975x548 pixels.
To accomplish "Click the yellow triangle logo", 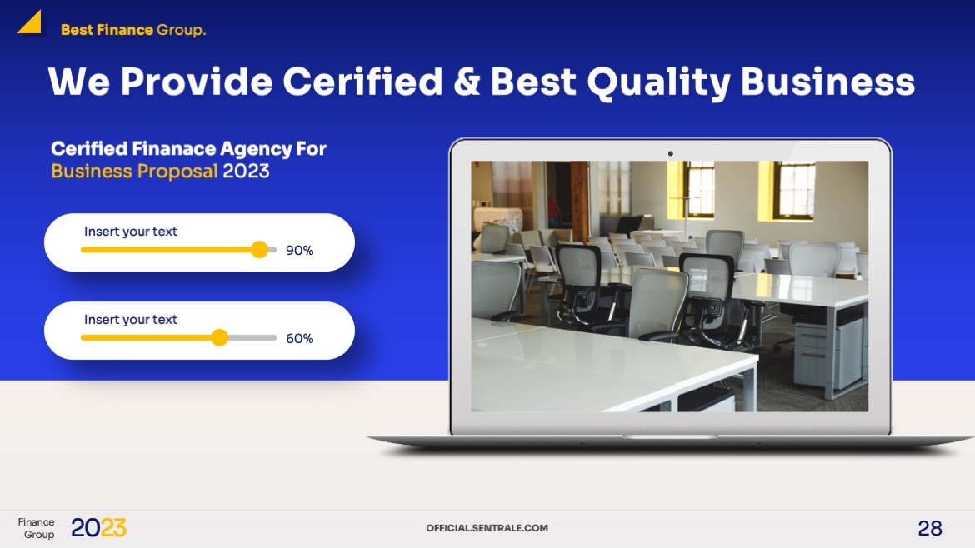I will pyautogui.click(x=31, y=23).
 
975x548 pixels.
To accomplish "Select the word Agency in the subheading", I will pyautogui.click(x=246, y=149).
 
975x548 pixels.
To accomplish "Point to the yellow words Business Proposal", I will pyautogui.click(x=134, y=172).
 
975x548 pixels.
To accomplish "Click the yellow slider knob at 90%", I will pyautogui.click(x=260, y=250).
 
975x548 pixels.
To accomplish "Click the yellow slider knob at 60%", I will pyautogui.click(x=219, y=338).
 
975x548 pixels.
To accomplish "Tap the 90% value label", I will pyautogui.click(x=299, y=251).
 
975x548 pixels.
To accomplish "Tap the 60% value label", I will pyautogui.click(x=299, y=339).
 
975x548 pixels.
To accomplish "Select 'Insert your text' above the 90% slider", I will pyautogui.click(x=131, y=232).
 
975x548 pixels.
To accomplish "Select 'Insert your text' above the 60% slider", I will pyautogui.click(x=131, y=320).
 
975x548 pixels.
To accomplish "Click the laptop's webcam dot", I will pyautogui.click(x=670, y=153).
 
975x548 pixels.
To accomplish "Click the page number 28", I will pyautogui.click(x=930, y=528).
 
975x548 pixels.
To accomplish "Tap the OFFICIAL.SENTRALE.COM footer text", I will pyautogui.click(x=487, y=528).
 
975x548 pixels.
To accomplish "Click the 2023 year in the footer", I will pyautogui.click(x=98, y=528).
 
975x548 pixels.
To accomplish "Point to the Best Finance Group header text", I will pyautogui.click(x=133, y=31).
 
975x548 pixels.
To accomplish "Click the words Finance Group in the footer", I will pyautogui.click(x=37, y=528).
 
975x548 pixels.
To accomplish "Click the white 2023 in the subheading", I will pyautogui.click(x=246, y=172).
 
